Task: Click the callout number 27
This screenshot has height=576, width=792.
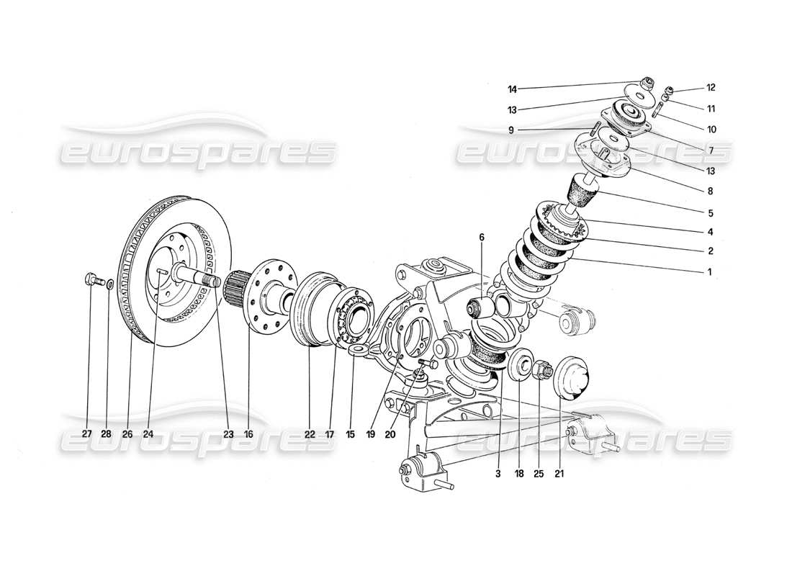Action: (x=87, y=434)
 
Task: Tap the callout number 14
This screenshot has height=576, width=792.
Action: (x=512, y=89)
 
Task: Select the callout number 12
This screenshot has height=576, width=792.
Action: (x=711, y=88)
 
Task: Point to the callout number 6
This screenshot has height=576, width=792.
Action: (x=482, y=237)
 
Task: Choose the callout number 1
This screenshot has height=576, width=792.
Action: (x=709, y=272)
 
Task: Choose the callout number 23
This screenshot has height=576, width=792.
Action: (x=228, y=434)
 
